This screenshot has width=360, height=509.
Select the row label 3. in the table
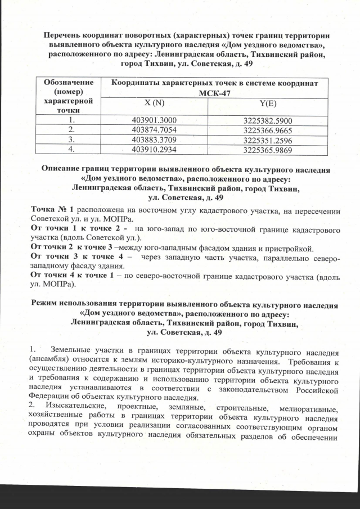click(x=71, y=139)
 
